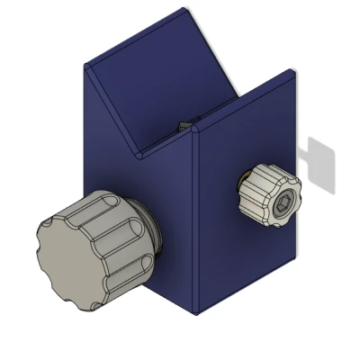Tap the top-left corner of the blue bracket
click(x=85, y=65)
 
